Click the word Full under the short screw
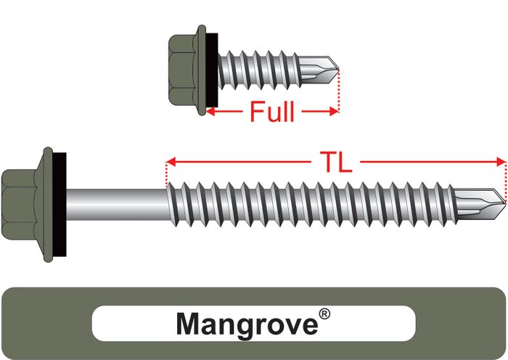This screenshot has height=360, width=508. coord(271,112)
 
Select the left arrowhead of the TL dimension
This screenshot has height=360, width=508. coord(171,161)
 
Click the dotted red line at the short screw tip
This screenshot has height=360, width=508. coord(338,91)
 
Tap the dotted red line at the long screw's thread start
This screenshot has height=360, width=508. coord(167,174)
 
